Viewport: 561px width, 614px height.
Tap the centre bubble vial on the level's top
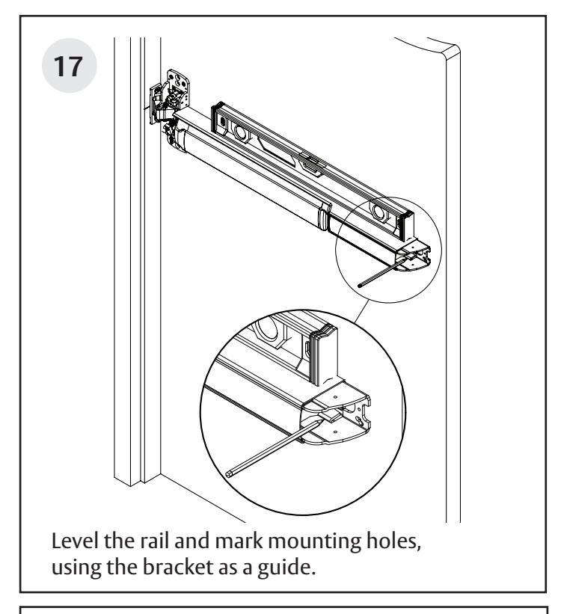308,159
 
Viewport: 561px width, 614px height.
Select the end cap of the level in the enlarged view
328,352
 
